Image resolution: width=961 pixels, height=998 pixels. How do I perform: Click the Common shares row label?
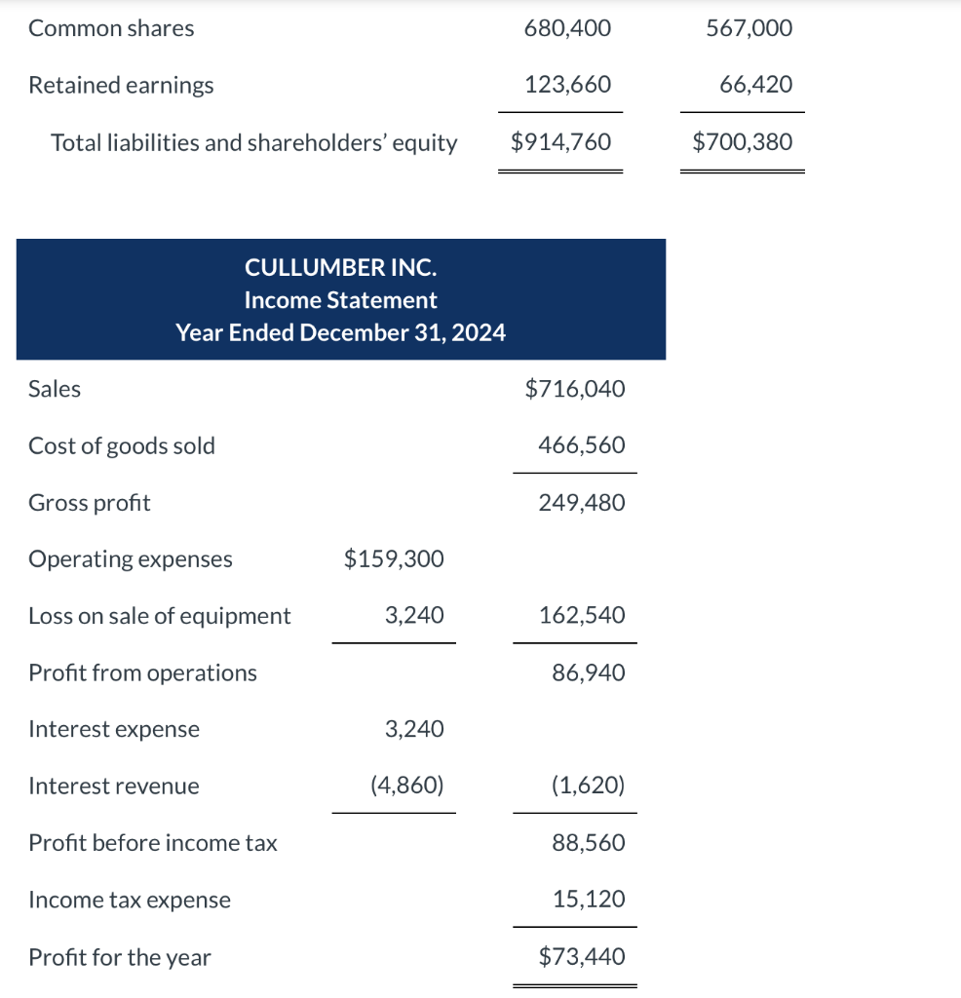[x=111, y=29]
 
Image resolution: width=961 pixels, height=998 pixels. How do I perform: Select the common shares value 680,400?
[x=567, y=29]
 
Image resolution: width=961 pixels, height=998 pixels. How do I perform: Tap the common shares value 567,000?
[x=749, y=29]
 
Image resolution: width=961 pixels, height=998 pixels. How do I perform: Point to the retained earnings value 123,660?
[x=567, y=86]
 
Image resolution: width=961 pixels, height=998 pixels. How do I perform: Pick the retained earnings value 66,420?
[x=755, y=86]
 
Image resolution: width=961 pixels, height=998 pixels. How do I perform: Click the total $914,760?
[x=560, y=142]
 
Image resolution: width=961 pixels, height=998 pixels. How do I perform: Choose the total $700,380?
[x=742, y=142]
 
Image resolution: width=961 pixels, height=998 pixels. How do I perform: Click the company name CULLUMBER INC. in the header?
[x=340, y=267]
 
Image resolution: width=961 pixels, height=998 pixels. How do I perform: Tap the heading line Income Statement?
[x=340, y=300]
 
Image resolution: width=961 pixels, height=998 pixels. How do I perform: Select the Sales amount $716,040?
[x=574, y=389]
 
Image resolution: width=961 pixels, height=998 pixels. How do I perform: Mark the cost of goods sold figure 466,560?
[x=581, y=445]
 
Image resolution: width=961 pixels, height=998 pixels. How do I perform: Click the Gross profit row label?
[x=90, y=503]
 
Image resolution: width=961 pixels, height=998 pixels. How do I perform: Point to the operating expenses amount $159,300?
[x=394, y=559]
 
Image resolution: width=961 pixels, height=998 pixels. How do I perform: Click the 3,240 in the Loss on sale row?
[x=414, y=616]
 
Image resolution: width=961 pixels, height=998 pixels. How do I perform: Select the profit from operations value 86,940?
[x=588, y=672]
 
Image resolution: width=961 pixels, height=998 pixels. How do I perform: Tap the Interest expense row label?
[x=114, y=729]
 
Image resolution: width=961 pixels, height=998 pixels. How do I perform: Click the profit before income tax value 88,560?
[x=588, y=843]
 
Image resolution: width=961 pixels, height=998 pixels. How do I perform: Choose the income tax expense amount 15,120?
[x=588, y=900]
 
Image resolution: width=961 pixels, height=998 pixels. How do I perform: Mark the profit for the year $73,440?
[x=581, y=957]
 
